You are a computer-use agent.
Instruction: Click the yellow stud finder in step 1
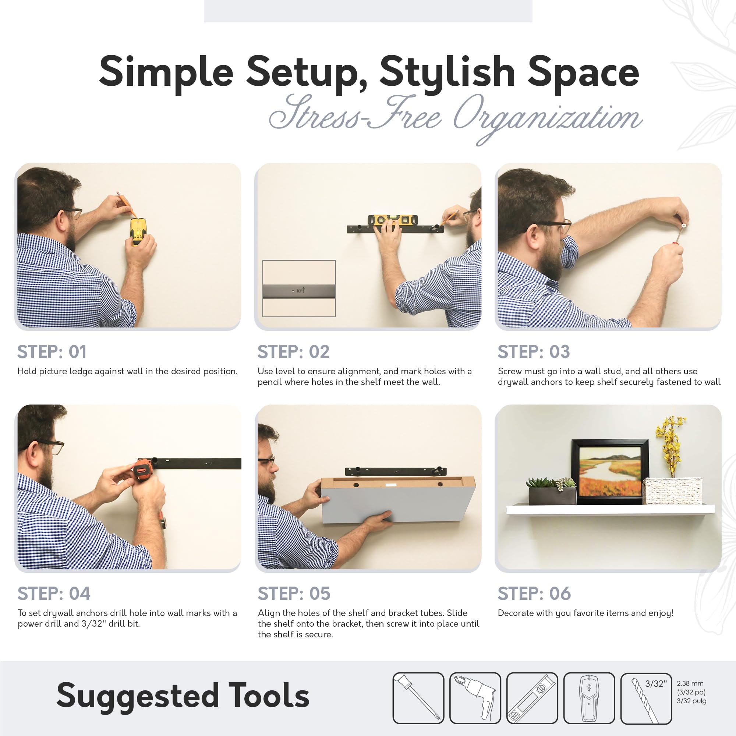[137, 231]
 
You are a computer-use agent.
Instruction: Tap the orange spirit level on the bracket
[393, 220]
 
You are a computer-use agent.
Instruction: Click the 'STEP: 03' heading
[534, 351]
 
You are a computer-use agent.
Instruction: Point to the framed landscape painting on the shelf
[610, 472]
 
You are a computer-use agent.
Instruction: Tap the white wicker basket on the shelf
[672, 491]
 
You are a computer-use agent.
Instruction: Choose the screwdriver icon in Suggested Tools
[418, 698]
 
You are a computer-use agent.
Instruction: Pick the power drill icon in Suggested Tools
[475, 698]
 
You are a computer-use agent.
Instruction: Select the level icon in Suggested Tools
[532, 698]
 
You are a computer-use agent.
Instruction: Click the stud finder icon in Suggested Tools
[589, 698]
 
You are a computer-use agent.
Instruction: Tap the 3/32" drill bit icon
[646, 698]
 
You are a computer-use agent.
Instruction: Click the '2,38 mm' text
[690, 683]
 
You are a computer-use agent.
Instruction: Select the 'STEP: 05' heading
[294, 594]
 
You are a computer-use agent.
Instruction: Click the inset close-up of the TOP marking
[299, 289]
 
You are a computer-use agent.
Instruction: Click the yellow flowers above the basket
[670, 446]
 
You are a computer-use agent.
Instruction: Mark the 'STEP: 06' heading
[534, 594]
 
